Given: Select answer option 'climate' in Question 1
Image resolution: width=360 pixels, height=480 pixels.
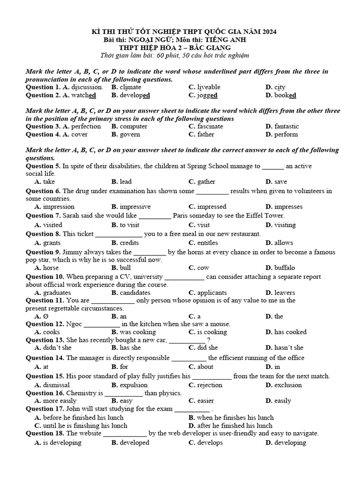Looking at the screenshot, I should [130, 87].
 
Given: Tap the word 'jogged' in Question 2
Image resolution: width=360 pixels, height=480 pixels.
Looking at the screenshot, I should [208, 95].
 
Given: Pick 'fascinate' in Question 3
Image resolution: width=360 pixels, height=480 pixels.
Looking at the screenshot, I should [210, 127].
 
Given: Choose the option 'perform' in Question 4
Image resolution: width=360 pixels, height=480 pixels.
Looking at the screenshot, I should [286, 135].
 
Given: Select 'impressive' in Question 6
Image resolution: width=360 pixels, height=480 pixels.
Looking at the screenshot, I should [135, 207].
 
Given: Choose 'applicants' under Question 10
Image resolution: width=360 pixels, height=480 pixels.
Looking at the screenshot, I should [212, 293].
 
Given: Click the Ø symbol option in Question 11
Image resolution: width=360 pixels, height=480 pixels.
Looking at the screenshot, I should [45, 316].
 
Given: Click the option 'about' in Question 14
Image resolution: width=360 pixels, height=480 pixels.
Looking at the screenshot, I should [205, 367].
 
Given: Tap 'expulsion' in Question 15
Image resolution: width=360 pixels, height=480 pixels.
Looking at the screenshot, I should [134, 385].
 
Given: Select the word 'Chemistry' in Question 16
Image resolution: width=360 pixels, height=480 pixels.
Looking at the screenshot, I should [82, 393].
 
